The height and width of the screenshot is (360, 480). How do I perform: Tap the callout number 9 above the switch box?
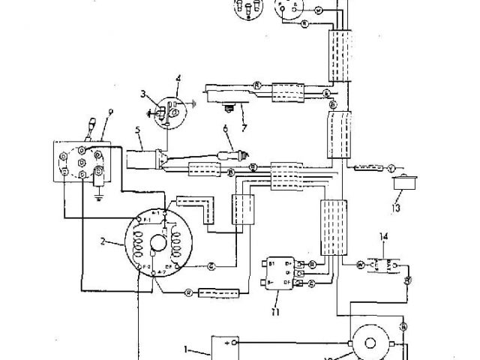tap(109, 112)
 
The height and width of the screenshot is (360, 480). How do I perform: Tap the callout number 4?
tap(178, 78)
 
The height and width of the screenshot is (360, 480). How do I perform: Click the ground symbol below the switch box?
tap(99, 199)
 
